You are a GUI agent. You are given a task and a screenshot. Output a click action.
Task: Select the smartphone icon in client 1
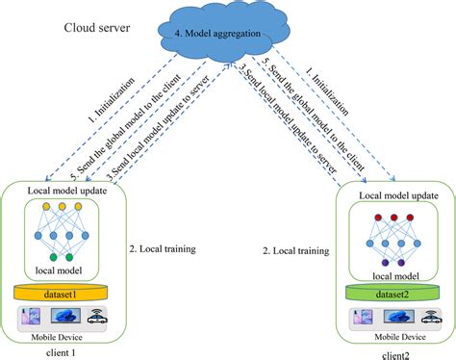click(x=31, y=316)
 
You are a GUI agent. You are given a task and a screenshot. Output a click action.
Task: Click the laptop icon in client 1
click(x=64, y=316)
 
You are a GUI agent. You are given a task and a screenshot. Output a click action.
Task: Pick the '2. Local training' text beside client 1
click(x=163, y=248)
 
